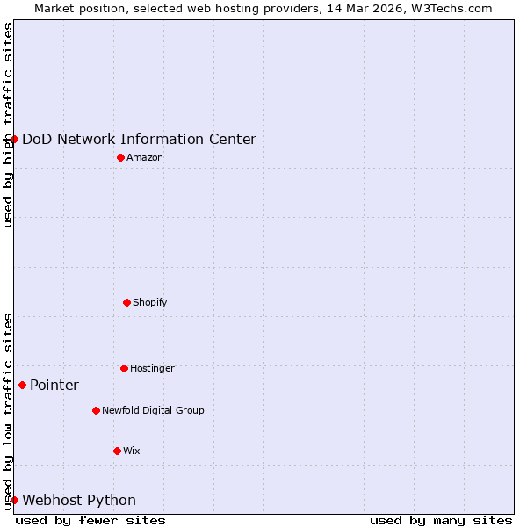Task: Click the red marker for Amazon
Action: tap(120, 157)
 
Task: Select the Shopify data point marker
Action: tap(126, 302)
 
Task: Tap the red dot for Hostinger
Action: tap(124, 368)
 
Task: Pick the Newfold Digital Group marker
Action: tap(96, 410)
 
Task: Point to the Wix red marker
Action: tap(117, 451)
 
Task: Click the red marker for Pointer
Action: tap(22, 385)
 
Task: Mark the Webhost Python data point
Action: tap(14, 500)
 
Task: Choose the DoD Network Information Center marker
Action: tap(14, 139)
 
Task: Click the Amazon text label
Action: tap(145, 158)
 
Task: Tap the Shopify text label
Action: tap(150, 303)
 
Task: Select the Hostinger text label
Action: tap(152, 369)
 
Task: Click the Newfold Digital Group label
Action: tap(153, 410)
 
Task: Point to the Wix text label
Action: tap(132, 451)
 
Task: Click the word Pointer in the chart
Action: tap(54, 386)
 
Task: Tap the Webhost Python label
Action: tap(79, 501)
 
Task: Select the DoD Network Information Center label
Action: tap(139, 139)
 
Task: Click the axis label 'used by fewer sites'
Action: tap(90, 520)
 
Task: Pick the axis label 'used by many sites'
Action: tap(441, 520)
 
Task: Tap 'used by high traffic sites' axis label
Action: tap(8, 125)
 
